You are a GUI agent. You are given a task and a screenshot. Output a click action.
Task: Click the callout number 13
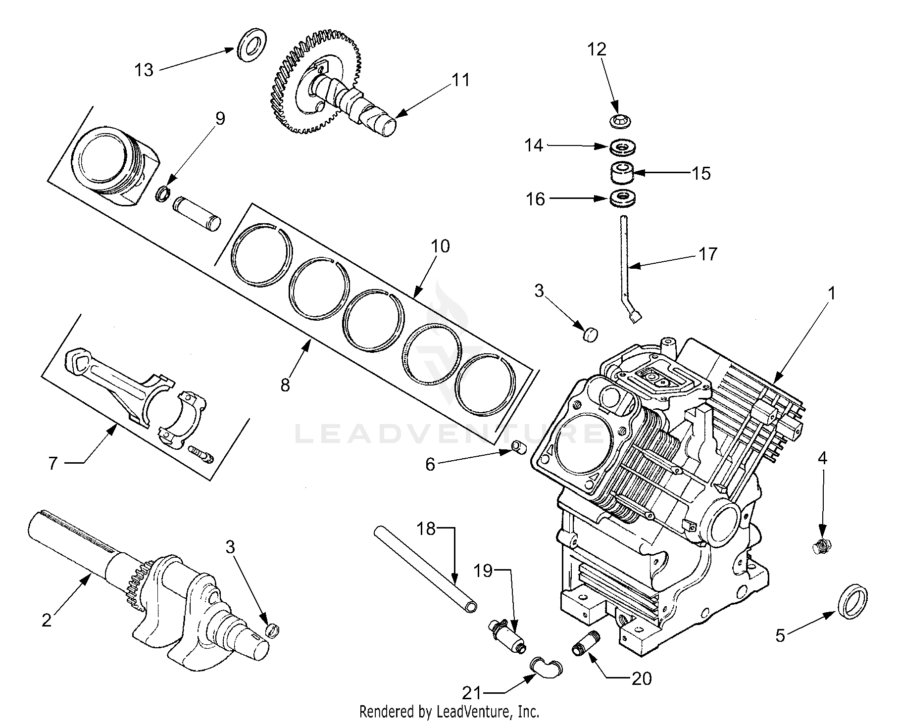[144, 70]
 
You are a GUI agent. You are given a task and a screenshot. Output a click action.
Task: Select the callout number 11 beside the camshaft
[460, 81]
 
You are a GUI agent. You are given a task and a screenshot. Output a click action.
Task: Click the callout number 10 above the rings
[441, 246]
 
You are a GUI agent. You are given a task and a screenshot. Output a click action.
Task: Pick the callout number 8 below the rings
[285, 385]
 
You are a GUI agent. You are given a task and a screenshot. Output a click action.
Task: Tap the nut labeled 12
[618, 121]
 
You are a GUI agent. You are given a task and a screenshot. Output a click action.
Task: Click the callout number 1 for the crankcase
[832, 293]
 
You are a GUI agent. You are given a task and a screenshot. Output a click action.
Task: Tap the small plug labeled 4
[822, 547]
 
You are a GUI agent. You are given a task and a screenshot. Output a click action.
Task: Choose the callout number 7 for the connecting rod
[53, 464]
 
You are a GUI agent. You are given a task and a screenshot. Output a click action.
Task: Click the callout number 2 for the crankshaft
[47, 620]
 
